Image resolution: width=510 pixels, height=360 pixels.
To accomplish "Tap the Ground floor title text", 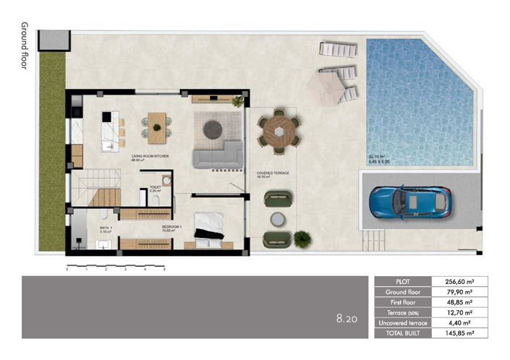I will [x=25, y=45].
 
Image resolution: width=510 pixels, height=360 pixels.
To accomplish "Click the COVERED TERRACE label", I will [x=273, y=173].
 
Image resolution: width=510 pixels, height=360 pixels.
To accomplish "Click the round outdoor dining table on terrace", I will [x=278, y=131].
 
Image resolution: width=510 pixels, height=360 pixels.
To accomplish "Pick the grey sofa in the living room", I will [x=217, y=155].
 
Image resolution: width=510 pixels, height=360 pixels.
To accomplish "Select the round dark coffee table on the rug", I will [x=212, y=129].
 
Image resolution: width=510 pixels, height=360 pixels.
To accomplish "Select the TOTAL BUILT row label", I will [x=403, y=333].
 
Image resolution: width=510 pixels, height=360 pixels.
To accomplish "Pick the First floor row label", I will [x=403, y=302].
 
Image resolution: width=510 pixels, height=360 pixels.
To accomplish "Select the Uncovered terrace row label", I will [x=403, y=323].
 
